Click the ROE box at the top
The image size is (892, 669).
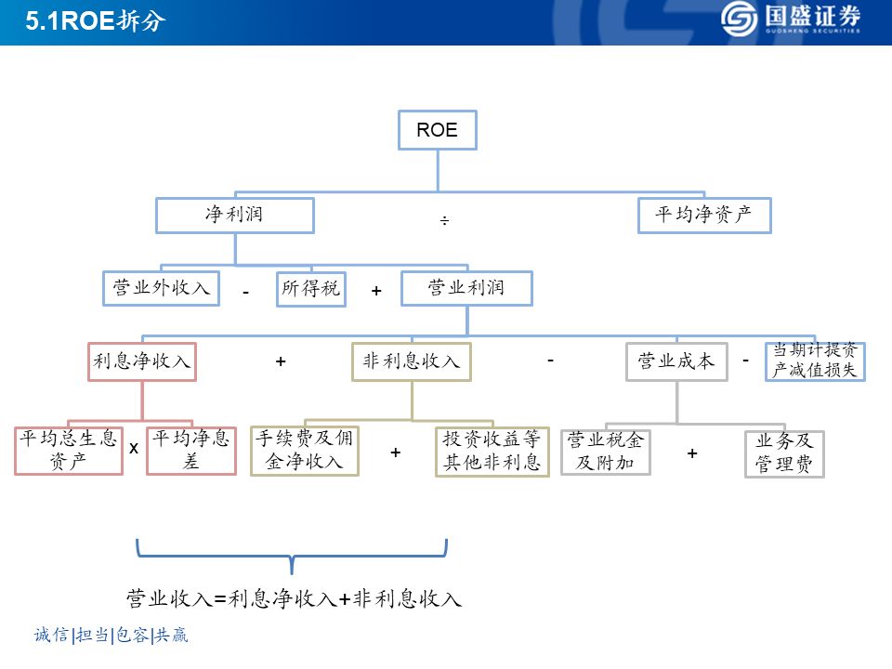pos(437,130)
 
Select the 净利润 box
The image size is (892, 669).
pos(234,215)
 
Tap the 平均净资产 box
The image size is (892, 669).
pos(704,215)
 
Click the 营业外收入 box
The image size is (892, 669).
pos(160,287)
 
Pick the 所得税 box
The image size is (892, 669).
pos(310,288)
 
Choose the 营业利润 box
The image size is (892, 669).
pos(466,288)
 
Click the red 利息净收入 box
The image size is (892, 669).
pos(142,361)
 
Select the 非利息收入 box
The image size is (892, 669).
pos(412,361)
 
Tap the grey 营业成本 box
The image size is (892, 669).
pos(676,361)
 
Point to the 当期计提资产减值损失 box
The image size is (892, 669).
pos(815,361)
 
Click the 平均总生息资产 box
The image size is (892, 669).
pos(69,450)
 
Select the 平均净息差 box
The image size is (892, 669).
pos(191,450)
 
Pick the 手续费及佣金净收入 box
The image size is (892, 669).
pos(305,450)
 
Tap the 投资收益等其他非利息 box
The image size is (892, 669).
pos(492,451)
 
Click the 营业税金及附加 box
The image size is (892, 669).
pos(606,451)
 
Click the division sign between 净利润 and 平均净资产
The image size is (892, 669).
pos(444,221)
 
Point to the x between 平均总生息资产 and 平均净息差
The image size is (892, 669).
pos(134,448)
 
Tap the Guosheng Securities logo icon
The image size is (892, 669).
pos(741,18)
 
